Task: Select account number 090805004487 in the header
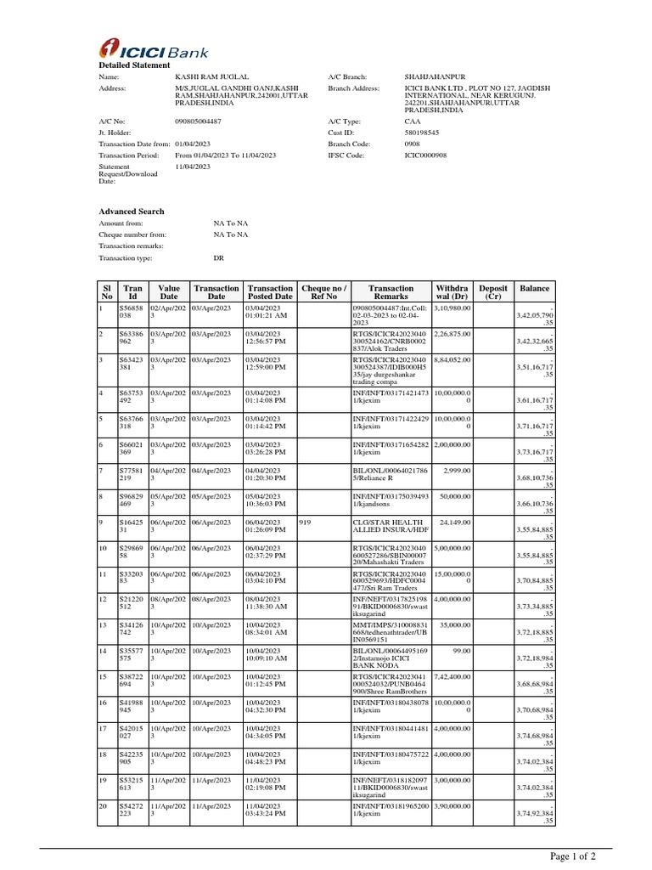(x=198, y=121)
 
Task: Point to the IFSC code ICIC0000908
(x=425, y=155)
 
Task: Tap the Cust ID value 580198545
(x=422, y=133)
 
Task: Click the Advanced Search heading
(x=132, y=212)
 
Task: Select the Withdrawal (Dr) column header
(x=451, y=292)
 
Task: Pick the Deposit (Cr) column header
(x=493, y=292)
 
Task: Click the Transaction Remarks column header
(x=391, y=292)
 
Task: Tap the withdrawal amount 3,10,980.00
(x=453, y=308)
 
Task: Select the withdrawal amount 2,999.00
(x=458, y=470)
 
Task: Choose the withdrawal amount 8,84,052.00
(x=453, y=359)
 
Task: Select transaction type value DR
(x=218, y=257)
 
